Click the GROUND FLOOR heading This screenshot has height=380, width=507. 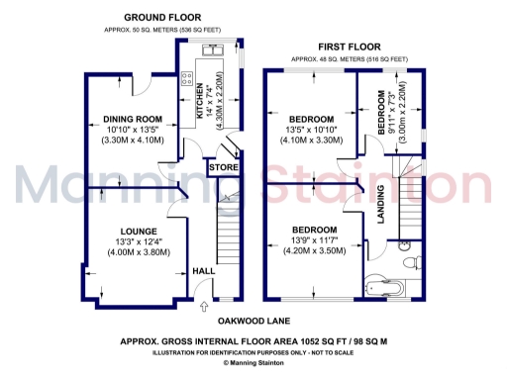[x=163, y=17]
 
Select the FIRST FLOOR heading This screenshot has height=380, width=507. [x=350, y=47]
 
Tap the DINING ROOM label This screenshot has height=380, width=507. [x=132, y=120]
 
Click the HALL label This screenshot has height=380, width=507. [x=204, y=270]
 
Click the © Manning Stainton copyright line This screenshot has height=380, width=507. [x=253, y=363]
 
